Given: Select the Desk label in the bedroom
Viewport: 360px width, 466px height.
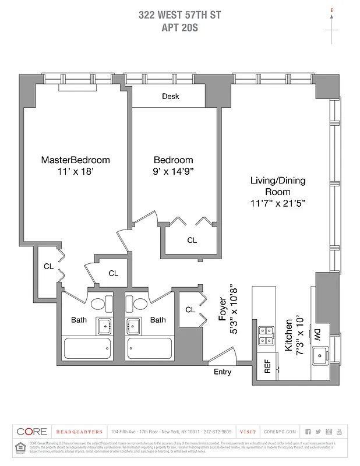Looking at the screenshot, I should click(170, 97).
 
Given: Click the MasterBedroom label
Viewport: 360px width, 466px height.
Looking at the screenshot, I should click(75, 160).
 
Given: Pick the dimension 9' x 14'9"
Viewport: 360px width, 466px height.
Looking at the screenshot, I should click(173, 171).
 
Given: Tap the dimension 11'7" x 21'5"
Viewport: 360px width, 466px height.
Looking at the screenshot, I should click(278, 203).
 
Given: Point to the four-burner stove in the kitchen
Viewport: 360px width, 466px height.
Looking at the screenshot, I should click(266, 336).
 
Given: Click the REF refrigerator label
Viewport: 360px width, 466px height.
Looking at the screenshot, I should click(267, 366).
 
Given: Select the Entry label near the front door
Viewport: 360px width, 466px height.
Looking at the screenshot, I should click(223, 372).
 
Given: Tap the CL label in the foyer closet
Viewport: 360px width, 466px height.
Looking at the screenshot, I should click(190, 309).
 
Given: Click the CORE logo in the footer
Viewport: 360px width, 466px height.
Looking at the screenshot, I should click(32, 432).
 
